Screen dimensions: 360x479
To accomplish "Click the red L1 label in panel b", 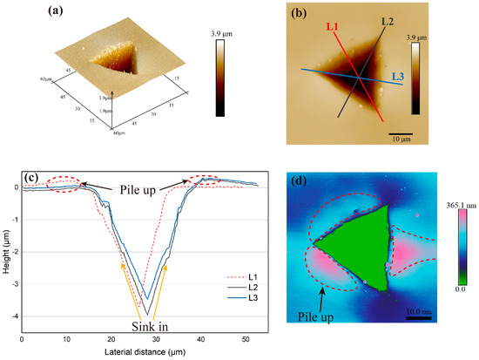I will pyautogui.click(x=334, y=28).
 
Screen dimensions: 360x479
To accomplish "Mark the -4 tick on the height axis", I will pyautogui.click(x=11, y=316).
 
